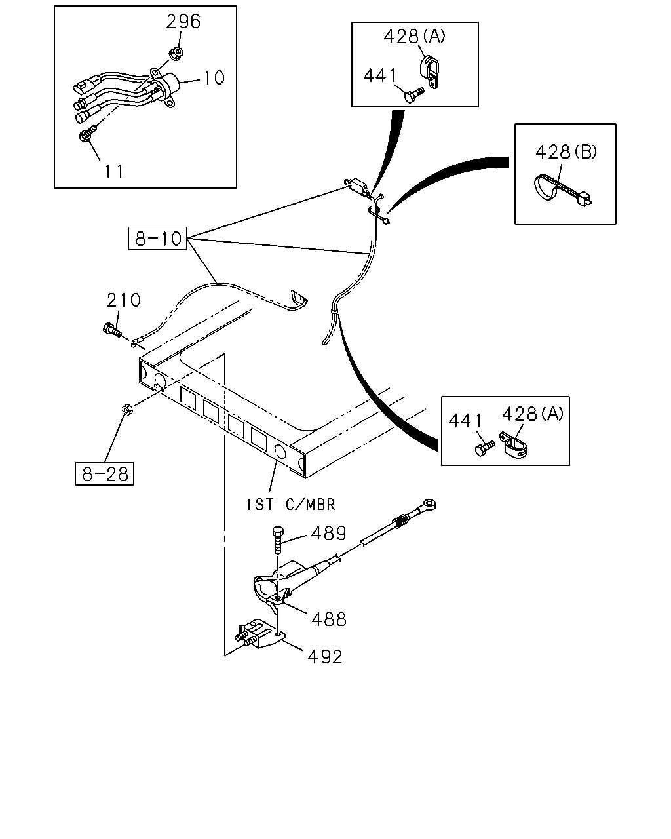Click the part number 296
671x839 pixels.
(x=183, y=22)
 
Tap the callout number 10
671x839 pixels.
(x=214, y=78)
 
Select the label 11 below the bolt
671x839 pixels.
(x=114, y=172)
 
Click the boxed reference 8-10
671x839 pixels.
(x=157, y=239)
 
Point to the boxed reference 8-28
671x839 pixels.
(x=104, y=474)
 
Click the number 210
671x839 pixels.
(x=123, y=300)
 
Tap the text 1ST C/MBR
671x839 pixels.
(x=290, y=505)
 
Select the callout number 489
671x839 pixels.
(x=328, y=534)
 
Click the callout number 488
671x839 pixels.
(x=329, y=619)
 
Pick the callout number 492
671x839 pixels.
(x=325, y=657)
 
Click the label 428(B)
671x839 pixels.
(x=566, y=152)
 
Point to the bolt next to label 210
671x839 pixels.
(x=112, y=330)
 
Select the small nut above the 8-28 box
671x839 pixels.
(x=126, y=410)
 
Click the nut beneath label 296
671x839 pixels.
(x=177, y=52)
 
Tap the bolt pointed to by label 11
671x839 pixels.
(x=88, y=133)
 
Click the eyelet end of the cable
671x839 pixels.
(x=429, y=504)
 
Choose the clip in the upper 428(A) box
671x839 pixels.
(x=430, y=73)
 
